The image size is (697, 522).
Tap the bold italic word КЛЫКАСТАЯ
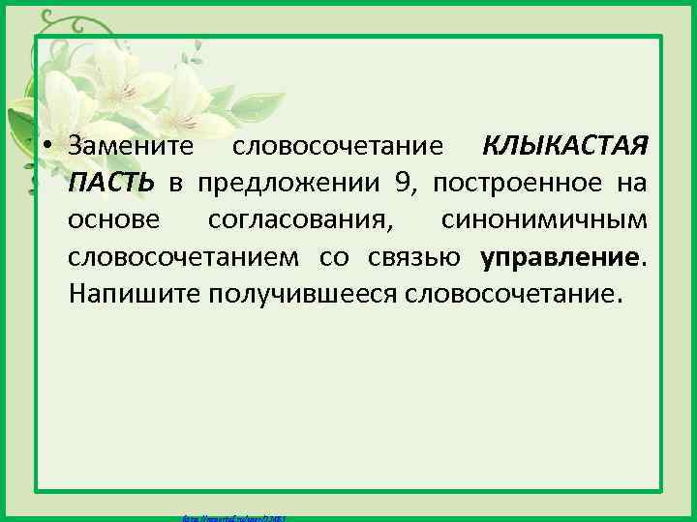pyautogui.click(x=564, y=148)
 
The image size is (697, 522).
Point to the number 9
pyautogui.click(x=402, y=185)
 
